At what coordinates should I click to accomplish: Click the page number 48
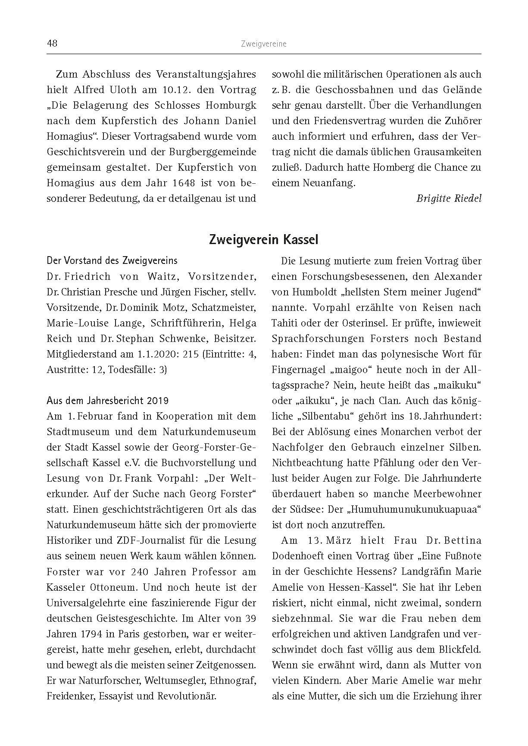[x=52, y=44]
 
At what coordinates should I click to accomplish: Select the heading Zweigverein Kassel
[x=263, y=240]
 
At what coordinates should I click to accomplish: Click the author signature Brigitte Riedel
[x=449, y=198]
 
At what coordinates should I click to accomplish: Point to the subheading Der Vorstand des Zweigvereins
[x=112, y=261]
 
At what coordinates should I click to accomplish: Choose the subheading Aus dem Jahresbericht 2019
[x=107, y=401]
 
